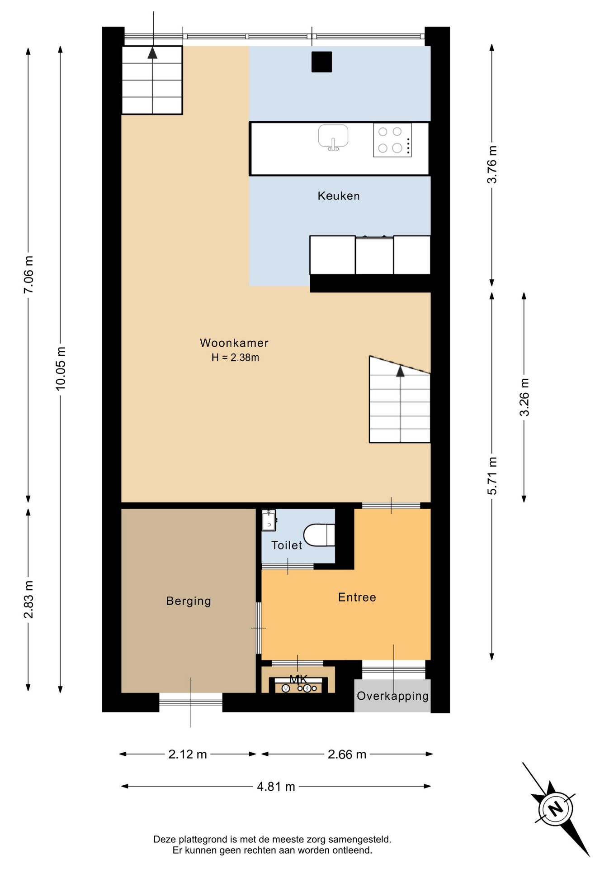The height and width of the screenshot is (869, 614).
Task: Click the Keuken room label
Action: coord(339,196)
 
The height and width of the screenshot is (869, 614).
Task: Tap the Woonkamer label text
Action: coord(234,343)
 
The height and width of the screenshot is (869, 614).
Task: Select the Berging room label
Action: coord(189,601)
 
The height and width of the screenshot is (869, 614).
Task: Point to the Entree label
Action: coord(357,597)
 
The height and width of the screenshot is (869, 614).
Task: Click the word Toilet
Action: coord(287,545)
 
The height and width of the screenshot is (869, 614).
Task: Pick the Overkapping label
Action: coord(392,696)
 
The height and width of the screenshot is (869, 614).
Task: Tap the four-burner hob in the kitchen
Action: coord(392,140)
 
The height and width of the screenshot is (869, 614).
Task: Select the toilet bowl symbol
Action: coord(319,535)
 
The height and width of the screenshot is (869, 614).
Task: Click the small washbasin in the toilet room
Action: coord(269,520)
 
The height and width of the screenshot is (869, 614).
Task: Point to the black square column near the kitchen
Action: coord(321,62)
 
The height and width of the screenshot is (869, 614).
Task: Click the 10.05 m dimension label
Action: coord(61,369)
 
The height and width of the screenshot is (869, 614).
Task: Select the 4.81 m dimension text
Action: coord(276,787)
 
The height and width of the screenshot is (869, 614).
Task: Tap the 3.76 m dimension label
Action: coord(492,165)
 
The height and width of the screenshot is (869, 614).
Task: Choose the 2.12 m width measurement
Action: coord(188,754)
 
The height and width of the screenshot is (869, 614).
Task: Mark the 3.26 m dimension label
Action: coord(524,397)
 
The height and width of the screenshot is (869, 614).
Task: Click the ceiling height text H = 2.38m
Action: coord(235,358)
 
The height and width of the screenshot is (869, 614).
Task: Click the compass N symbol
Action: coord(556,808)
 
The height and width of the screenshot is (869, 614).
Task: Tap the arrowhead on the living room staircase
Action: coord(400,372)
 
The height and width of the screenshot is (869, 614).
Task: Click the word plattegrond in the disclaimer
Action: coord(203,840)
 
